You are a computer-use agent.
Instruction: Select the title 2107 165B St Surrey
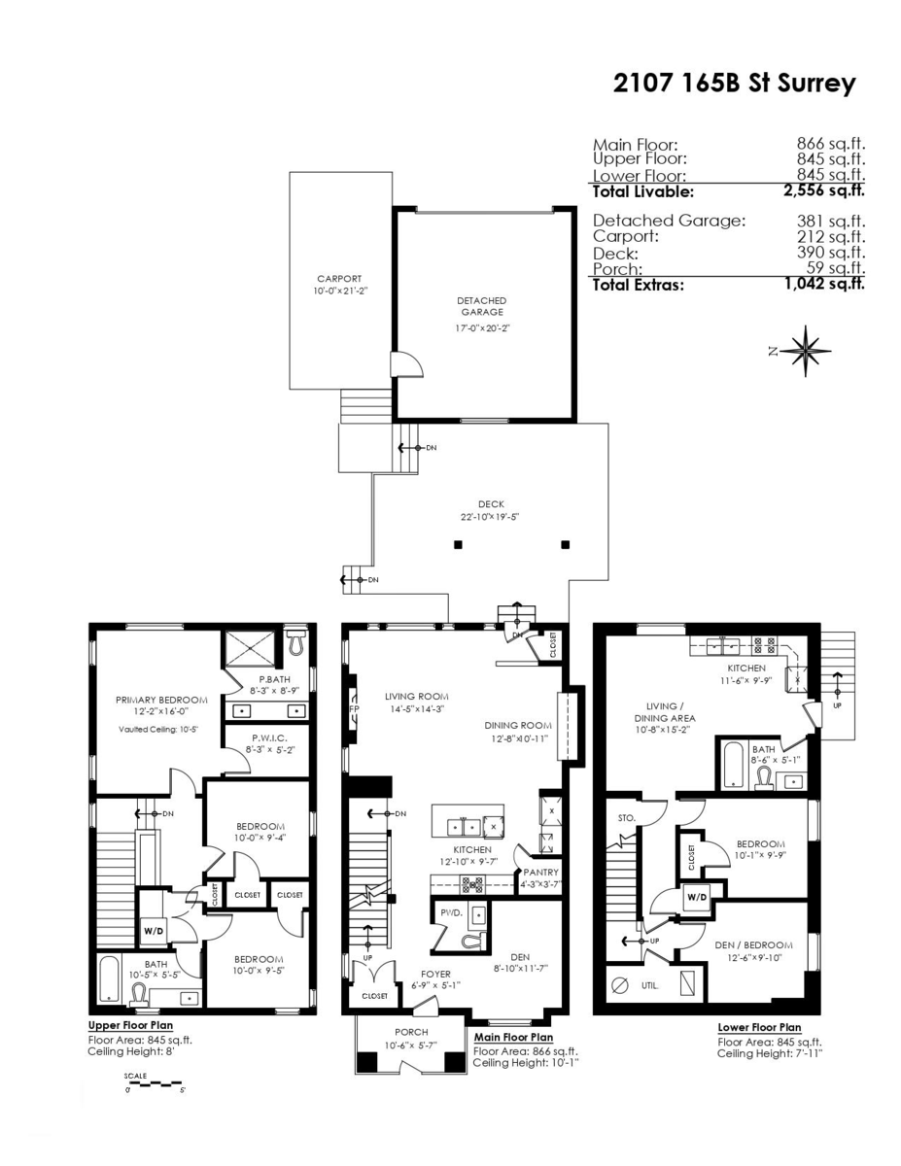pos(734,84)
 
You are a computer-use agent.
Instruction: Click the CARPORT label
pos(339,278)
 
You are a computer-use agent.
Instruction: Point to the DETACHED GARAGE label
pos(482,307)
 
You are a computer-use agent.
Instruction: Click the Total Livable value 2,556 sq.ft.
pos(824,191)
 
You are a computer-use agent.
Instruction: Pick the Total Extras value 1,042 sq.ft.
pos(824,285)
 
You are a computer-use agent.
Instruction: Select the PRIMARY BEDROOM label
pos(161,700)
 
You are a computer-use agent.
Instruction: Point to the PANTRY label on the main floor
pos(541,873)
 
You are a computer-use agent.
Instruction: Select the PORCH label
pos(411,1032)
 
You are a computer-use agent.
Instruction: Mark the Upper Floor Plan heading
pos(132,1025)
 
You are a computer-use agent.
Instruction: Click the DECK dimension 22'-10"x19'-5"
pos(491,517)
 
